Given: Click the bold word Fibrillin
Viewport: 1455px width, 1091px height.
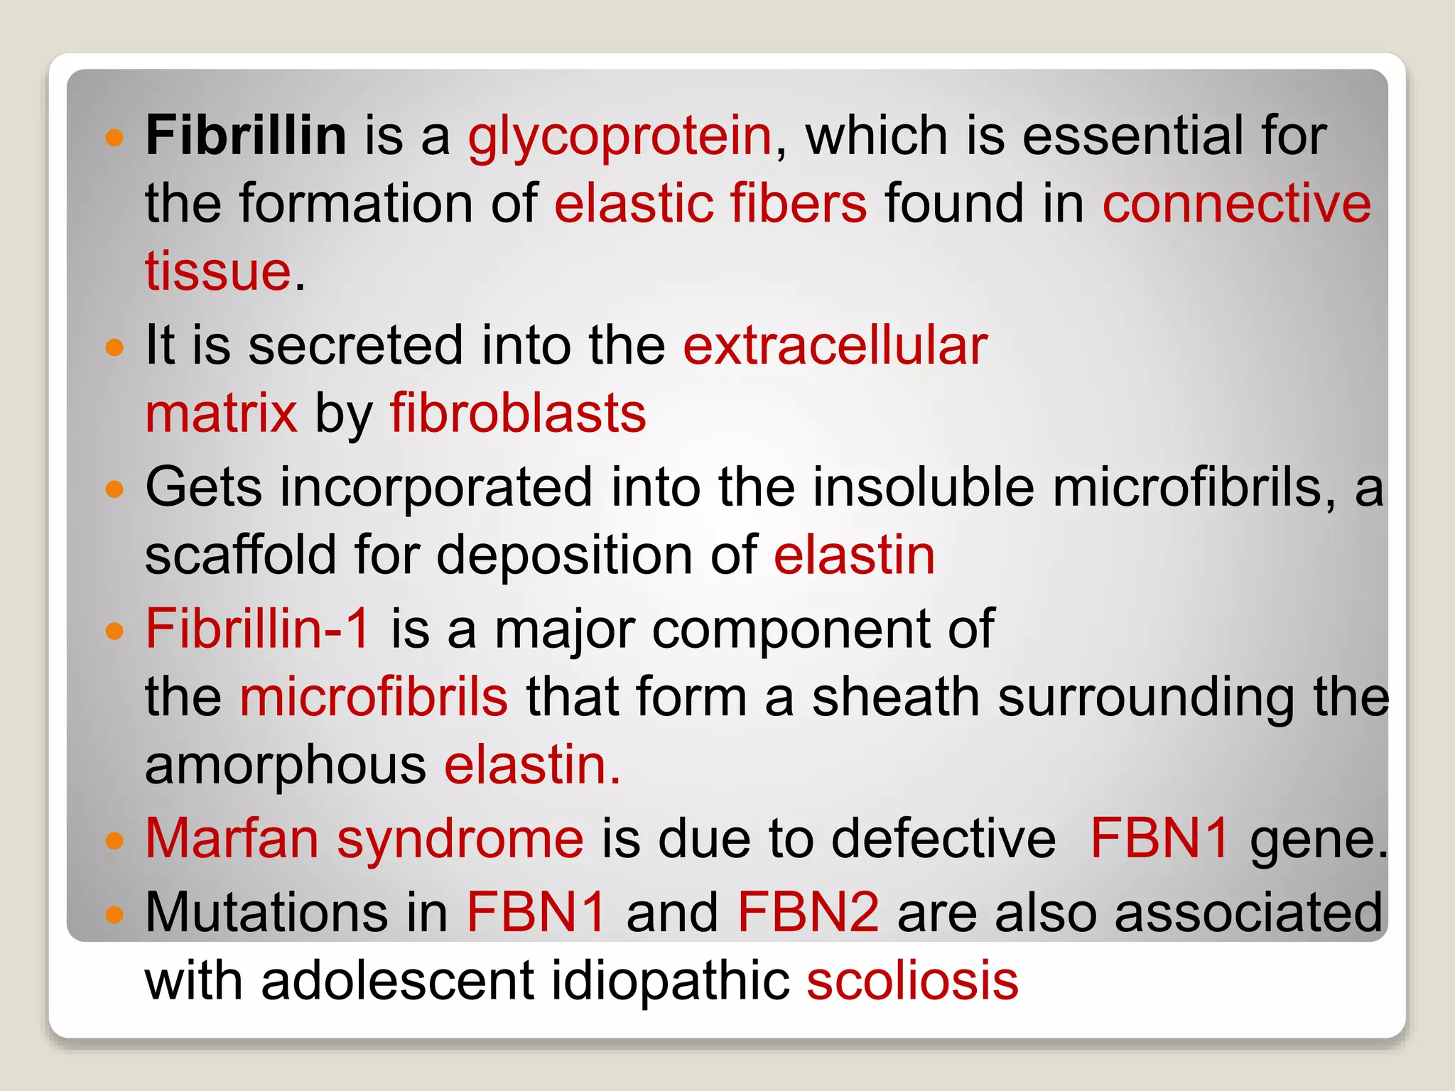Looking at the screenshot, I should point(246,135).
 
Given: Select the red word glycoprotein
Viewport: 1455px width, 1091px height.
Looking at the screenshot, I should point(620,136).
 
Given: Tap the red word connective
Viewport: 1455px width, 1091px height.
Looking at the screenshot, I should point(1236,204).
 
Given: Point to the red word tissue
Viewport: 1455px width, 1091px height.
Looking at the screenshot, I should point(217,271).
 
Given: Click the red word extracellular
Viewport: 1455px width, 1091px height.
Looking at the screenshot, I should point(835,345).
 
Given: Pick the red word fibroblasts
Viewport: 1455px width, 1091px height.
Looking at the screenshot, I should point(518,413).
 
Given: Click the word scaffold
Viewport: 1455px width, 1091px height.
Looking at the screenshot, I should point(240,555).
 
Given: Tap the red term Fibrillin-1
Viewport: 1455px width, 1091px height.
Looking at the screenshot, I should point(257,629).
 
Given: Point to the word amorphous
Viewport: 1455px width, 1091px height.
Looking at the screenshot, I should point(286,765).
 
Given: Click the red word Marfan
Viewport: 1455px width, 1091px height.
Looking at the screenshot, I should point(232,839).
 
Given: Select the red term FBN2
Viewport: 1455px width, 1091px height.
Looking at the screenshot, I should point(808,912).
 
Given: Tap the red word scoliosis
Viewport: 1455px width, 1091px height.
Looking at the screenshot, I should point(912,981).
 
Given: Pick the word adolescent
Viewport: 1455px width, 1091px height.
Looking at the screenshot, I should point(397,981).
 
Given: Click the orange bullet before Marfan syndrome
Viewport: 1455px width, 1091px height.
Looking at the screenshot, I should point(114,842).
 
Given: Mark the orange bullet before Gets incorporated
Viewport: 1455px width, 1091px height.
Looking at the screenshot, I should point(114,489).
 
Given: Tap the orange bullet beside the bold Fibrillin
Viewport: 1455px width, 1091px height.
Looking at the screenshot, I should point(114,137).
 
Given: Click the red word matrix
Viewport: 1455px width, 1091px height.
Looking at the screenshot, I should point(221,413).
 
